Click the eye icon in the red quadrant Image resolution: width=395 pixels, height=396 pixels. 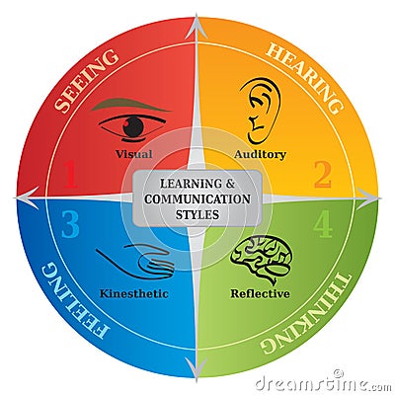[132, 127]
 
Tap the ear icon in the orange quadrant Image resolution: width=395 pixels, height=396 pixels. [261, 111]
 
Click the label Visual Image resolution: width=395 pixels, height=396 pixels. [133, 154]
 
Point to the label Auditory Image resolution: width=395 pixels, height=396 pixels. [260, 154]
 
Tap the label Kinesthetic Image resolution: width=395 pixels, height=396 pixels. [134, 293]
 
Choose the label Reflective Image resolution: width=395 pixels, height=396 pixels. [260, 293]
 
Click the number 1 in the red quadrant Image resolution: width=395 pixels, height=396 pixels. [70, 175]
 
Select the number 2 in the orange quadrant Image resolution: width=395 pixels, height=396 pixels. [323, 175]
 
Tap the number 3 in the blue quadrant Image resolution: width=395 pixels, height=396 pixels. [70, 225]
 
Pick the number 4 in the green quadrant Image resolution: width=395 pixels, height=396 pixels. [323, 225]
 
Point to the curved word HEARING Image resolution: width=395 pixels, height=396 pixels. [306, 78]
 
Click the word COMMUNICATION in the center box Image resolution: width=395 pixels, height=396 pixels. [197, 199]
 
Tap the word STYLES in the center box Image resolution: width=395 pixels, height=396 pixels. [197, 214]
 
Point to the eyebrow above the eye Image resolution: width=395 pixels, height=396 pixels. [131, 106]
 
